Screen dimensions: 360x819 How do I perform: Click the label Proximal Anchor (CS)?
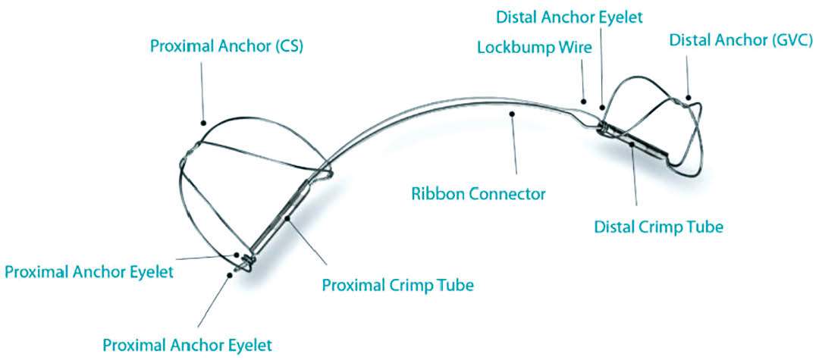(227, 46)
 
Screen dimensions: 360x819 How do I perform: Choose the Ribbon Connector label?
(479, 193)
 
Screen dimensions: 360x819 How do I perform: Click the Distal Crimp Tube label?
(658, 226)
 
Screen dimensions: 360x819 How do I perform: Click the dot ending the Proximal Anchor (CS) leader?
(203, 121)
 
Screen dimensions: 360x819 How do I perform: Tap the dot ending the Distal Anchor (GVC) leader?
(689, 97)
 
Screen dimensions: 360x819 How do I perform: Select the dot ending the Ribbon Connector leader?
(513, 114)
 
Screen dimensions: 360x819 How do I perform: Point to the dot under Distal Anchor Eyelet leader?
(601, 108)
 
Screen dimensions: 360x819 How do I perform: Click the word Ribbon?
(435, 193)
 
